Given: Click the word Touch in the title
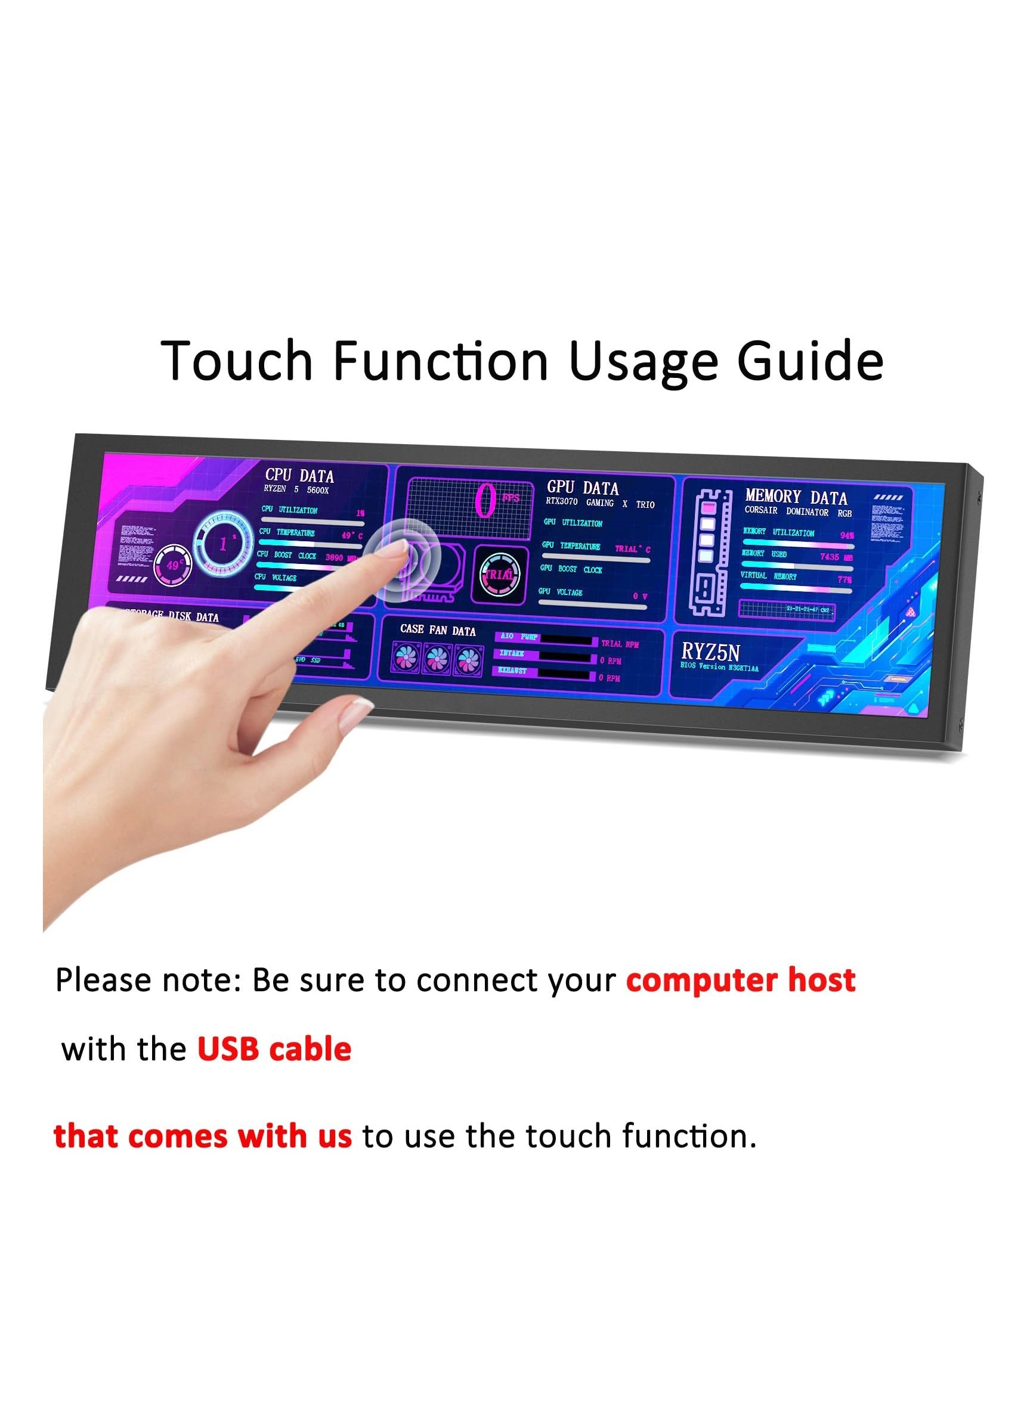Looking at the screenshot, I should [237, 361].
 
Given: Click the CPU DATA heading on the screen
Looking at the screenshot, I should [299, 476].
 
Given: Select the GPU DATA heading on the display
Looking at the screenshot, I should [582, 488].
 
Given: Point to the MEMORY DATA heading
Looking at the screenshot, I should [796, 497].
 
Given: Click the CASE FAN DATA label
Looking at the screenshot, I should [438, 630].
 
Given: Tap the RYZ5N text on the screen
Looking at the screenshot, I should [710, 652].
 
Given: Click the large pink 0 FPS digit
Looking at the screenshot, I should [485, 501].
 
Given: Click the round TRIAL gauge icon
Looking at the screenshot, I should [499, 574].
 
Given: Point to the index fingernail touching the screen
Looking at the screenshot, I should [395, 548].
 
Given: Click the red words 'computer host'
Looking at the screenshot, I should [740, 981].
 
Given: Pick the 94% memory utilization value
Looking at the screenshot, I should [846, 535].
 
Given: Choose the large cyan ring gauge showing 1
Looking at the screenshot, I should [223, 542].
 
